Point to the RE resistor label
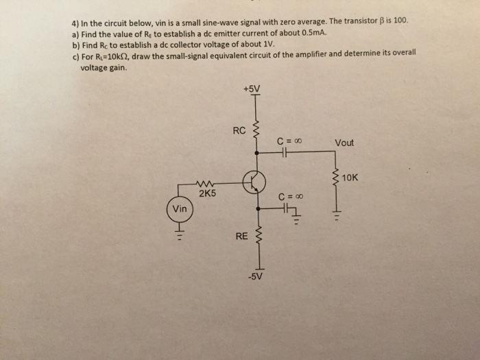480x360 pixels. pos(241,237)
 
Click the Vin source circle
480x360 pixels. pos(180,209)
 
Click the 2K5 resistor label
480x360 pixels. pos(207,193)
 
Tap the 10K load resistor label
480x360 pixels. pos(350,177)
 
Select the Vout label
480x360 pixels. pos(344,143)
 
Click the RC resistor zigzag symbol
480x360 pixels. pos(258,130)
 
